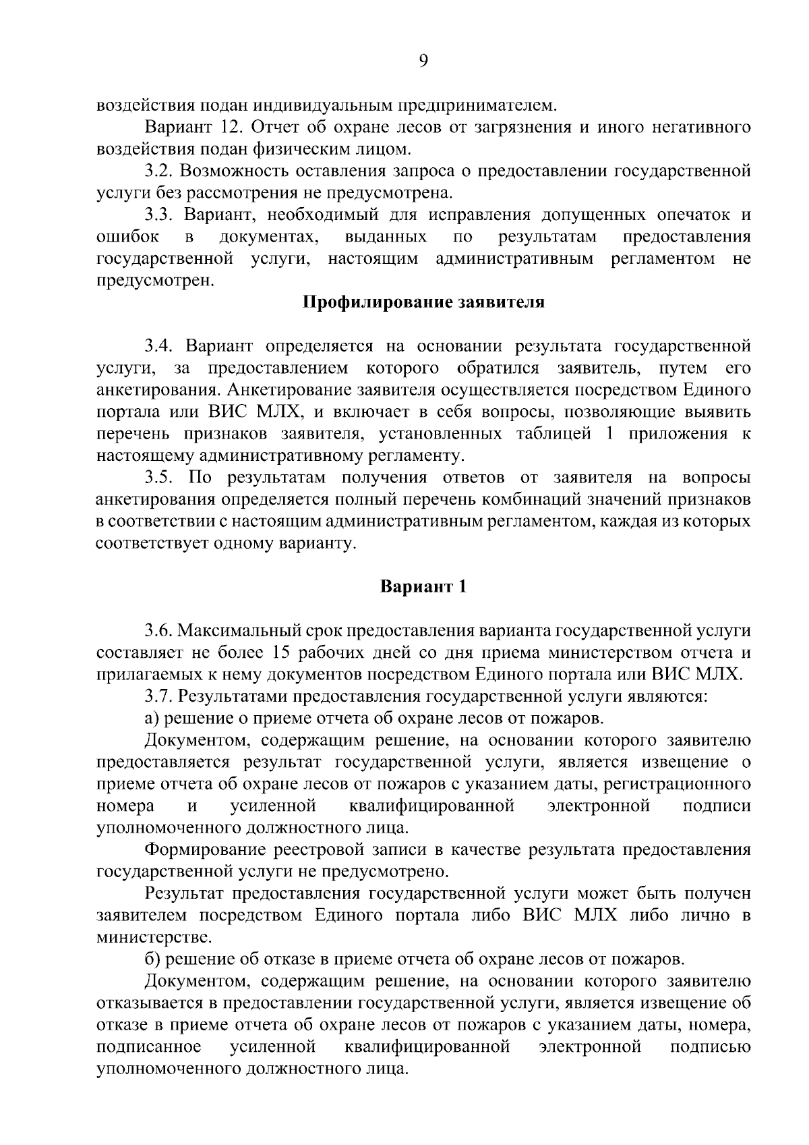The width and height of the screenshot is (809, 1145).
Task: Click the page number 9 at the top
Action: coord(423,61)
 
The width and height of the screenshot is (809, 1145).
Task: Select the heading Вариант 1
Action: coord(423,586)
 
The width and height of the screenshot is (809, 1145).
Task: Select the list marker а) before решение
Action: coord(152,719)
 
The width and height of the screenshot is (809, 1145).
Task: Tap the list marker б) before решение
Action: coord(152,959)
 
